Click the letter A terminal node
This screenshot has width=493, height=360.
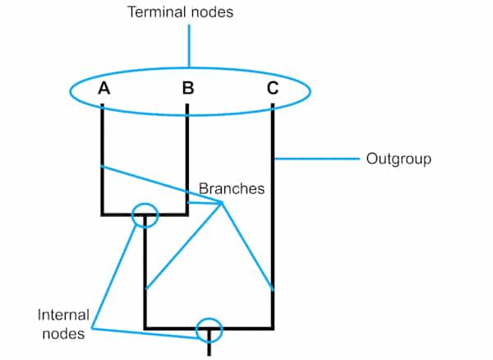click(x=104, y=88)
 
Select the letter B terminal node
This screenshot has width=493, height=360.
click(x=188, y=88)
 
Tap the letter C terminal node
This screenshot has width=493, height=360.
click(x=273, y=88)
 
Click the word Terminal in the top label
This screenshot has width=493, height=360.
click(x=153, y=12)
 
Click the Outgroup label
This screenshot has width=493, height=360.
click(x=399, y=158)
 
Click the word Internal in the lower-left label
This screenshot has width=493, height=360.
click(x=63, y=315)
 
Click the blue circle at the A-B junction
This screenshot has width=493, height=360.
click(x=144, y=215)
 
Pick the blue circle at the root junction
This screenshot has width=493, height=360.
click(x=210, y=329)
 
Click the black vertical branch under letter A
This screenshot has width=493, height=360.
click(x=102, y=140)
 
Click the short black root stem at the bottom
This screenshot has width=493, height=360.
click(x=210, y=347)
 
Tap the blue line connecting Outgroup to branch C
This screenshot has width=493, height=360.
click(x=316, y=157)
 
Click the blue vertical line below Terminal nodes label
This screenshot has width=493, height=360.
click(x=189, y=45)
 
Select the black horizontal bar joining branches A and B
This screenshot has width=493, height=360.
click(x=123, y=215)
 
